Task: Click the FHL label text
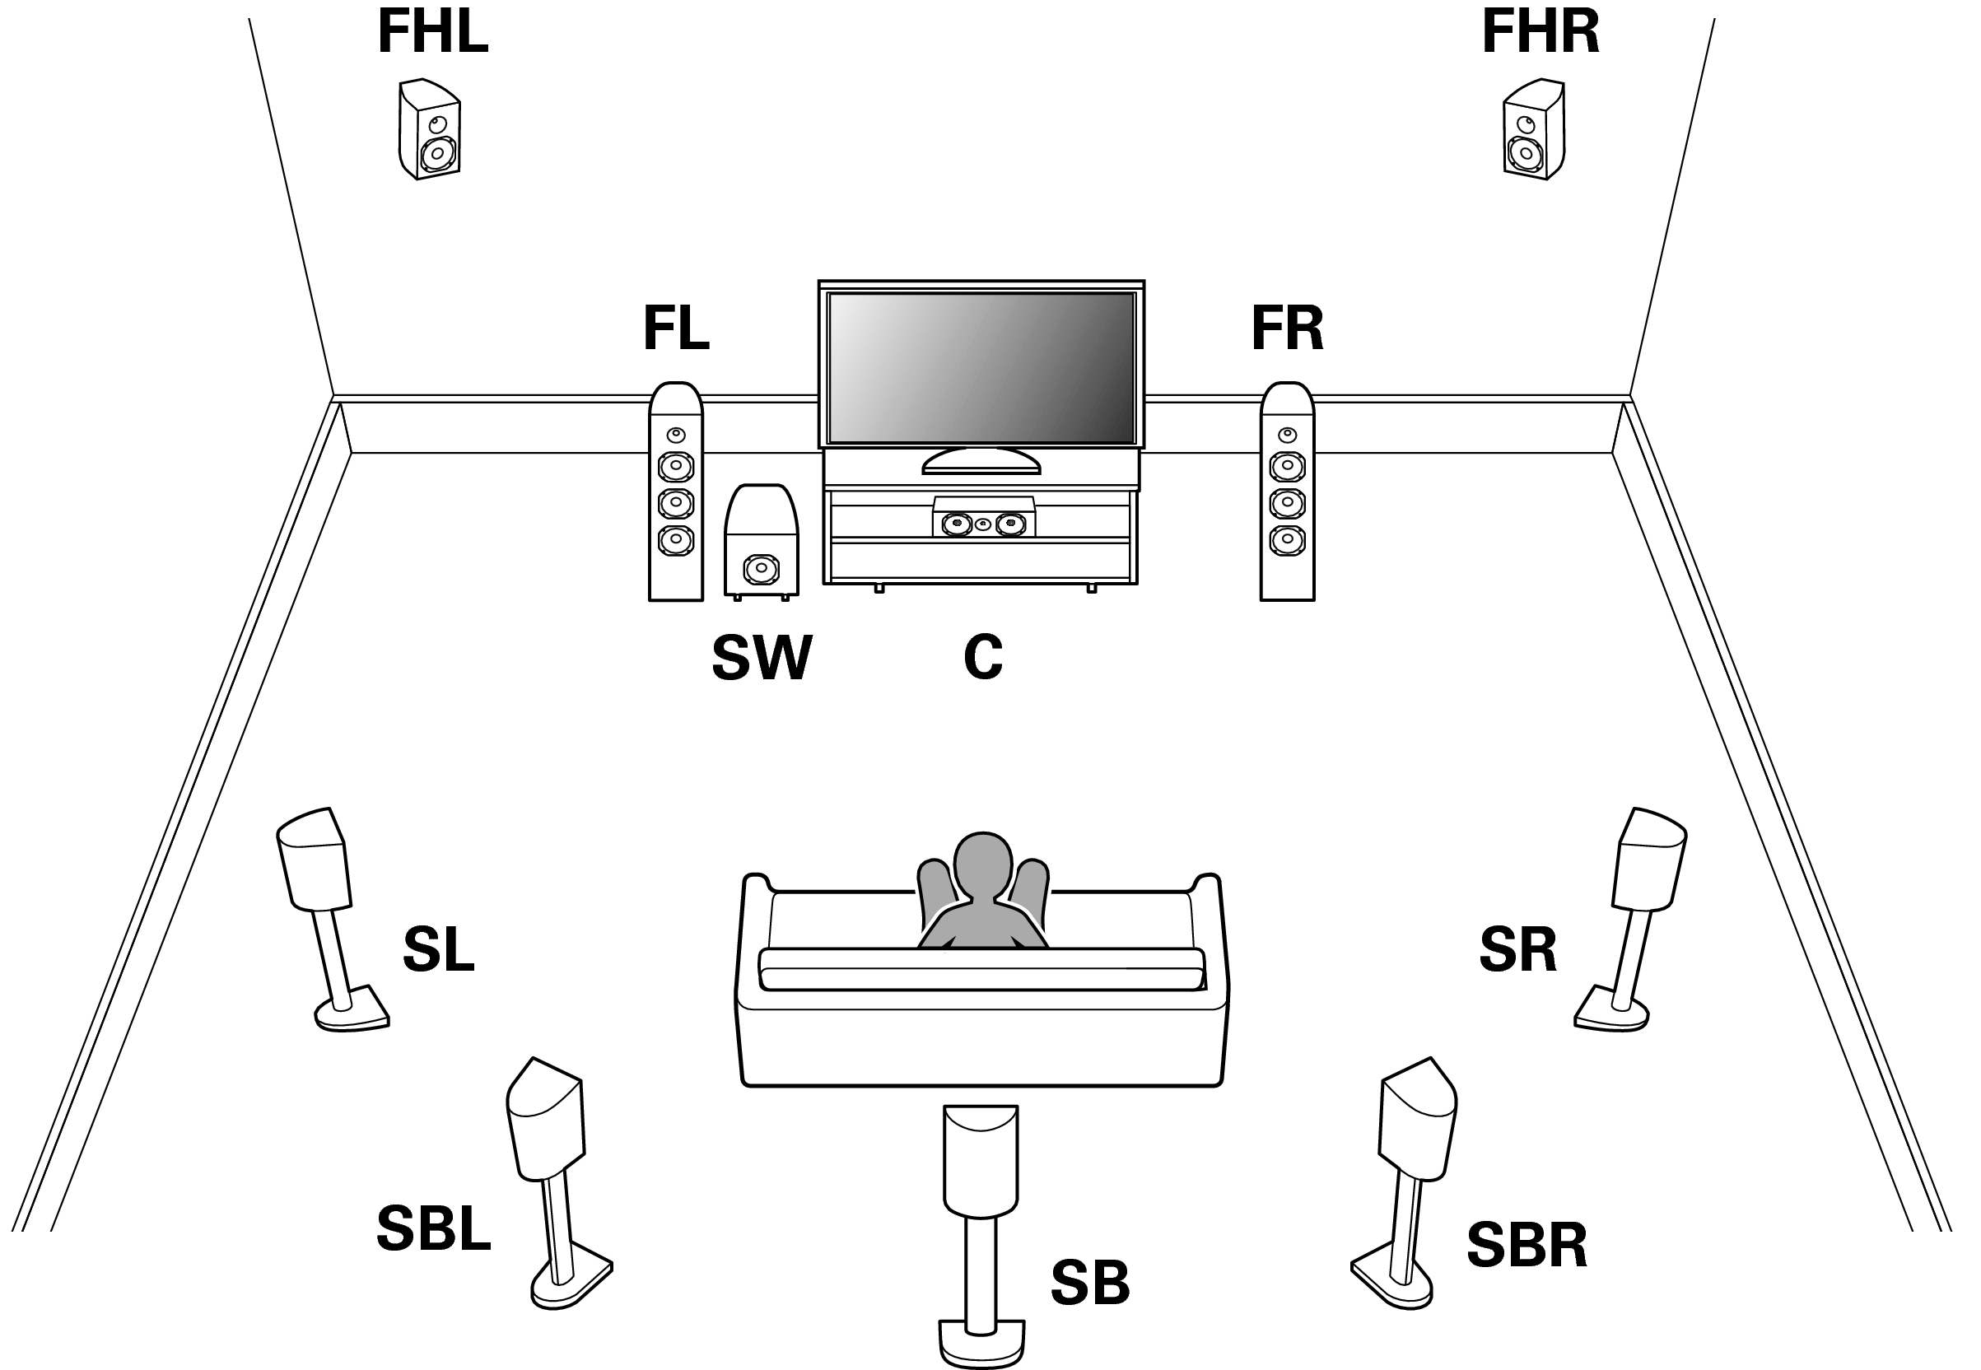(x=432, y=33)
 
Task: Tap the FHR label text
(x=1540, y=33)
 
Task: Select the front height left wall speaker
(x=429, y=129)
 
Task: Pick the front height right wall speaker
(x=1534, y=129)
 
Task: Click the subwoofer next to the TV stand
(x=762, y=542)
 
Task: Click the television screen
(x=981, y=367)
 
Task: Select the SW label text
(x=762, y=659)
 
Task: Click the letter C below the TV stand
(x=983, y=659)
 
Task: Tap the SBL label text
(x=433, y=1228)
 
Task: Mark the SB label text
(x=1090, y=1283)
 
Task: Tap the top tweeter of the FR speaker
(x=1287, y=435)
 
